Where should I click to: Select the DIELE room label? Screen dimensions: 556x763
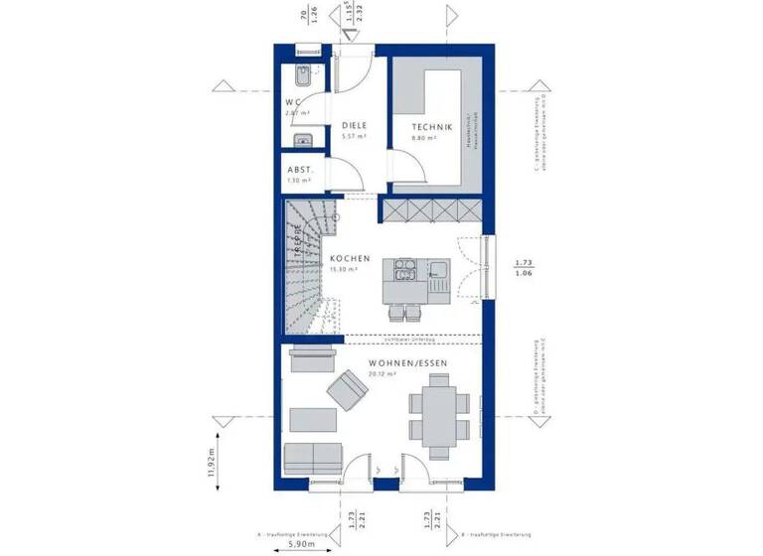[355, 126]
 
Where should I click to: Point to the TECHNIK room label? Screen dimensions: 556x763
[433, 127]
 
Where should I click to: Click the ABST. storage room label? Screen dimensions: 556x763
[300, 170]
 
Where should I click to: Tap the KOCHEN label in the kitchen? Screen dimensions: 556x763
[351, 259]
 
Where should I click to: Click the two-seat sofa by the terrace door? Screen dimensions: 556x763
[311, 458]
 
